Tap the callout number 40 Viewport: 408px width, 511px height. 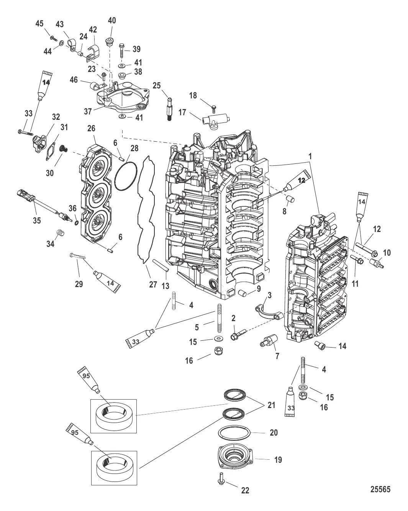click(x=111, y=20)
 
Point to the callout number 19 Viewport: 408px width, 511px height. click(x=277, y=460)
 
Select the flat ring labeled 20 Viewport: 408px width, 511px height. click(x=234, y=433)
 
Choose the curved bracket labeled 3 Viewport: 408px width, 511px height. click(x=269, y=312)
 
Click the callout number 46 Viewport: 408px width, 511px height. click(x=74, y=80)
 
